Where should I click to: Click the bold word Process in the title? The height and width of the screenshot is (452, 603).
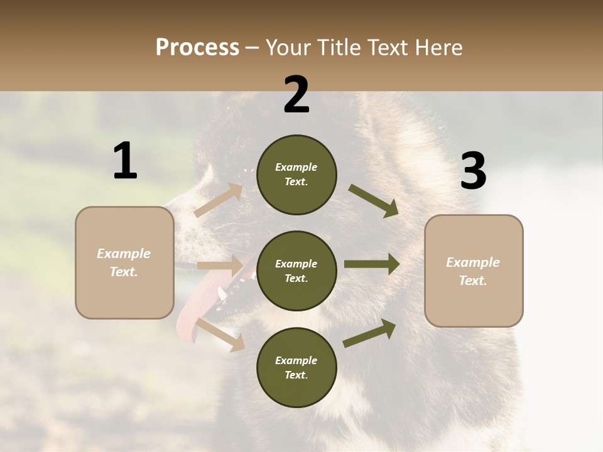tap(197, 48)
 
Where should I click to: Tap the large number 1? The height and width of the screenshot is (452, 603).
tap(125, 161)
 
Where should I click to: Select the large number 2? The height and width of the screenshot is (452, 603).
tap(296, 95)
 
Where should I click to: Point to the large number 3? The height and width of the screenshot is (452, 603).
tap(473, 171)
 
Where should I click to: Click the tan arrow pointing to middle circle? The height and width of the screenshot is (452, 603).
tap(220, 266)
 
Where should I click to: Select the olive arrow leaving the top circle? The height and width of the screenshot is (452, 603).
tap(373, 200)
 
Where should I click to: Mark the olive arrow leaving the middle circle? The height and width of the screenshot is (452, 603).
tap(372, 264)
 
